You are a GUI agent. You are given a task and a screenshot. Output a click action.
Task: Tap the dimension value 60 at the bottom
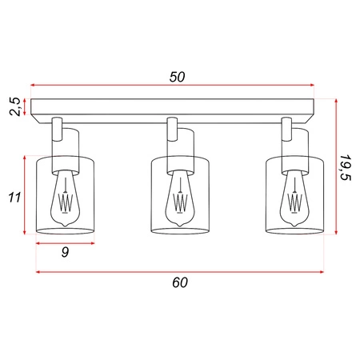179,282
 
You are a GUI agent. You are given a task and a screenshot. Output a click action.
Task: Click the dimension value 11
14,196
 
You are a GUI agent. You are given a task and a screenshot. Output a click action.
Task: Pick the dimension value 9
65,254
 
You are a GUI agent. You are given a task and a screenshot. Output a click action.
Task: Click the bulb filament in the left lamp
66,201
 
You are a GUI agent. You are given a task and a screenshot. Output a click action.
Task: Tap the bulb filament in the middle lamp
180,201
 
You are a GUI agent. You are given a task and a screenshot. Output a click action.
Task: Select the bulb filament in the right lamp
294,201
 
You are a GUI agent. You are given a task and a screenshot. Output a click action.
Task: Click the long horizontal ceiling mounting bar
177,107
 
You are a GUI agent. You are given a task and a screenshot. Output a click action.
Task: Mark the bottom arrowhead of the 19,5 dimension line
337,233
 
